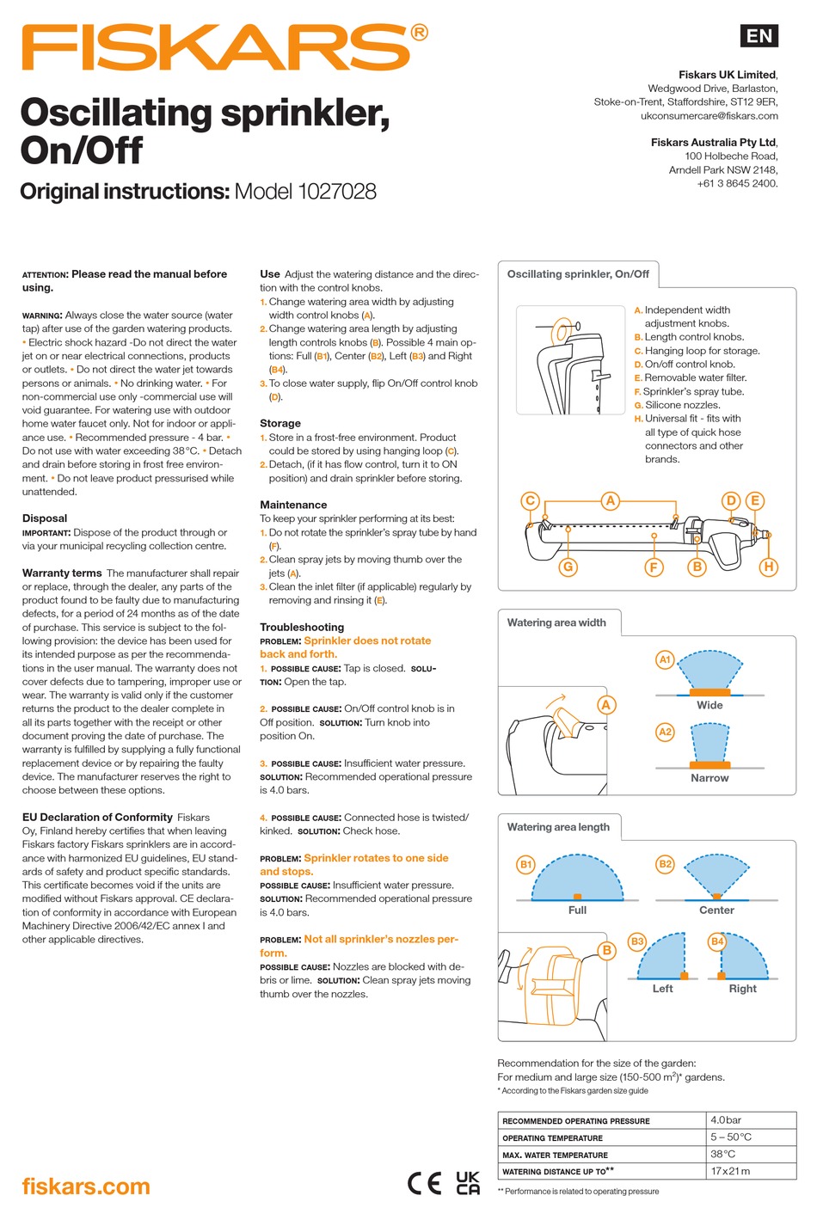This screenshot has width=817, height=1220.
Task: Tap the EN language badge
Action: [x=759, y=36]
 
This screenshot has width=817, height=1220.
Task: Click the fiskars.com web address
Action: [x=86, y=1186]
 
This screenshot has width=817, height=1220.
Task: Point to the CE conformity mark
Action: [x=424, y=1183]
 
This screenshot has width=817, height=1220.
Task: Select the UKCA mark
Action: [x=468, y=1183]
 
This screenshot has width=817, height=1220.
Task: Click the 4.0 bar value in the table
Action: [x=726, y=1120]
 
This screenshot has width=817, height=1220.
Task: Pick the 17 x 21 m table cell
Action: [x=730, y=1170]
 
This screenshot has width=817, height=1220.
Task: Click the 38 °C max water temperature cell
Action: [x=722, y=1154]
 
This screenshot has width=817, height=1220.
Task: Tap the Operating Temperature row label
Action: [x=552, y=1137]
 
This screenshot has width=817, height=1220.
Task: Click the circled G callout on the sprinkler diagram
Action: [x=568, y=567]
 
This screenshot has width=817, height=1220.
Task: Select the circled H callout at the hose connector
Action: [x=769, y=567]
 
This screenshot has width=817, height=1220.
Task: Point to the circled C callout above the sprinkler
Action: [x=530, y=500]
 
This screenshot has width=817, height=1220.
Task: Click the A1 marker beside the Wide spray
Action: [x=665, y=659]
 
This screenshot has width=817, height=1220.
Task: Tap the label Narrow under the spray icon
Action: [x=709, y=778]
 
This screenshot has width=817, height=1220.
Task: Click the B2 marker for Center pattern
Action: [x=665, y=864]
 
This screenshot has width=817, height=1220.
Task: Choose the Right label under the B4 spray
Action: [x=742, y=989]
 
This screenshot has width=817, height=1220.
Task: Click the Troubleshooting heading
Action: [x=302, y=627]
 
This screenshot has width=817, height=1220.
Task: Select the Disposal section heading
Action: [x=45, y=518]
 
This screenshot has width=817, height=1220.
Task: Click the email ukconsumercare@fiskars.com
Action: [x=709, y=115]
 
